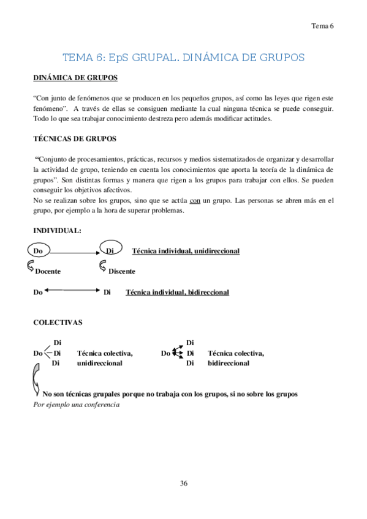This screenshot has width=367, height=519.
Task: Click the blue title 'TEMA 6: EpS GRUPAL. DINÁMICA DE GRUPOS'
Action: pos(183,58)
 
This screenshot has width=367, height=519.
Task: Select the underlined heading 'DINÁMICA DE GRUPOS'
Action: pos(75,78)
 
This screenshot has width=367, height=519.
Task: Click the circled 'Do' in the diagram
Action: pos(38,251)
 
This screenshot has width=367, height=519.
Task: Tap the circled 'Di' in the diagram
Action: pos(110,251)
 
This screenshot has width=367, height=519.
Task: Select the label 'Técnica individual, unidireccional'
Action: pos(186,251)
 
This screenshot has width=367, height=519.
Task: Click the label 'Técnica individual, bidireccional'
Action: pos(177,293)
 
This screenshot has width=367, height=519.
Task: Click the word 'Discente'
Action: pos(121,271)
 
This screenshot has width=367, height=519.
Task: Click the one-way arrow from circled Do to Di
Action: pos(74,252)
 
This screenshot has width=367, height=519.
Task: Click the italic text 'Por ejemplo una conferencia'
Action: pos(76,405)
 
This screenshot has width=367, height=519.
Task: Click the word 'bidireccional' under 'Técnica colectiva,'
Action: pos(229,363)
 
